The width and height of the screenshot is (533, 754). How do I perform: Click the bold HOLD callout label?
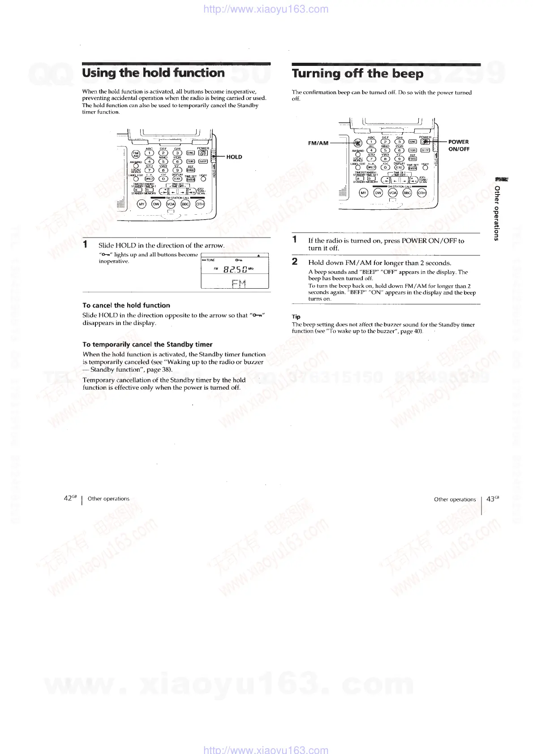click(x=234, y=157)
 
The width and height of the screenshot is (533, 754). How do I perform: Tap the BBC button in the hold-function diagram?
click(x=185, y=204)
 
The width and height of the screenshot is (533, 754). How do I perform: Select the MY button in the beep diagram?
click(x=364, y=193)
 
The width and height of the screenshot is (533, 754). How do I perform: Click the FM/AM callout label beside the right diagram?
click(x=318, y=143)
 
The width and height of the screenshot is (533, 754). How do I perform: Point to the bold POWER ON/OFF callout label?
click(x=458, y=145)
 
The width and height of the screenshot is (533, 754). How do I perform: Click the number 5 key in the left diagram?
click(x=163, y=162)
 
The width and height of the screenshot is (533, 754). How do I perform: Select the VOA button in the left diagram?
click(x=171, y=204)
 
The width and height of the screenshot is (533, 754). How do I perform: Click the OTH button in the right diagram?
click(x=421, y=193)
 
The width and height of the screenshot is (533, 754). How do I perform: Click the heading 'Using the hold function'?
click(x=153, y=73)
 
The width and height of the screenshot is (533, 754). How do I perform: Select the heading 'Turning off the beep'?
click(x=357, y=74)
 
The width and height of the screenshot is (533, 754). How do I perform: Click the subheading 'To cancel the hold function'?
click(x=126, y=305)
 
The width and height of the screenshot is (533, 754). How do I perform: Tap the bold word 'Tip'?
click(x=296, y=316)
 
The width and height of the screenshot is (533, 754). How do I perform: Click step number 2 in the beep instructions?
click(x=295, y=262)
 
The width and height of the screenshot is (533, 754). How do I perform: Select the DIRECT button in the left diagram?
click(x=150, y=179)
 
